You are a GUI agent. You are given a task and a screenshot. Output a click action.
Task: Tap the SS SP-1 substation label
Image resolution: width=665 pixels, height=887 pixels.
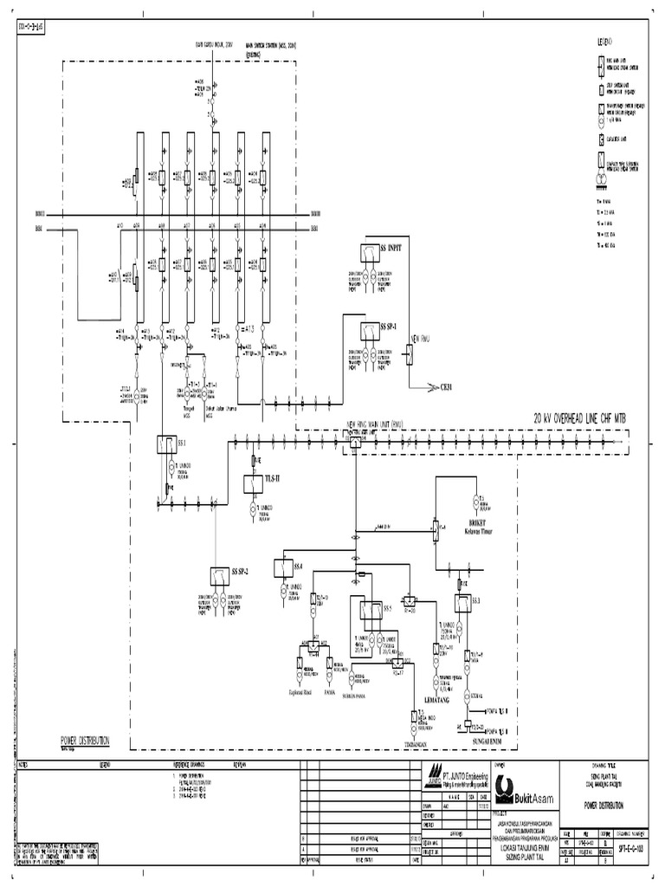[389, 327]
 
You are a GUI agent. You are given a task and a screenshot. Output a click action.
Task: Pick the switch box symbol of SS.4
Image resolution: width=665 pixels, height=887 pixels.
[283, 567]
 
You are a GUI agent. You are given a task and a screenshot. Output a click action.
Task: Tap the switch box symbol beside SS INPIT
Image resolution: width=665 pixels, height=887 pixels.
[367, 252]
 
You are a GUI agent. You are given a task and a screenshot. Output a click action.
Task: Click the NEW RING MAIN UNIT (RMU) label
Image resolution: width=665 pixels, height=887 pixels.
[377, 424]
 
